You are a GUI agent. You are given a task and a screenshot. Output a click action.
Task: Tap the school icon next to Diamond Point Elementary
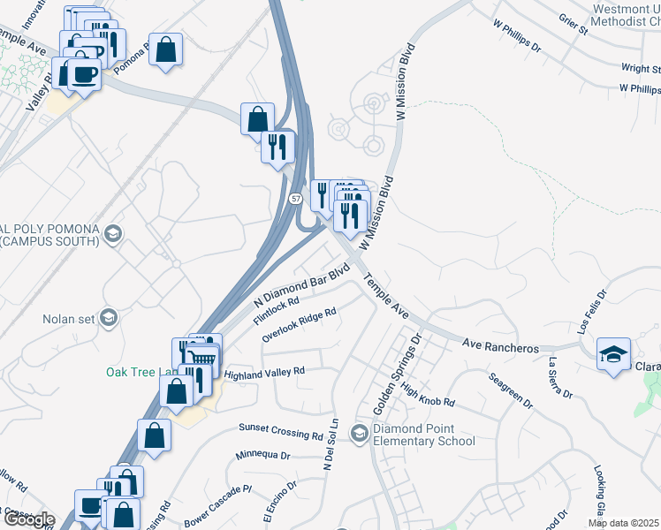point(360,433)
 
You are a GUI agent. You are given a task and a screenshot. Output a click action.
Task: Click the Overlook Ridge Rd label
point(300,325)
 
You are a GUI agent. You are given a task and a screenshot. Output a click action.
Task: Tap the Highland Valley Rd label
point(264,375)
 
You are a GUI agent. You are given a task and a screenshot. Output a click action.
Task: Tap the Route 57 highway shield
point(293,200)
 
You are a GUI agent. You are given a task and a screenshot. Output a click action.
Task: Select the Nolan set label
point(68,319)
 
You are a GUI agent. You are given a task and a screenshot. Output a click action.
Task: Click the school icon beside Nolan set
point(109,319)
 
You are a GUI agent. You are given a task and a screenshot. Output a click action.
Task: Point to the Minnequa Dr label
point(263,456)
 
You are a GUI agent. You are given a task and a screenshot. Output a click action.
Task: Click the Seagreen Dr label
point(511,390)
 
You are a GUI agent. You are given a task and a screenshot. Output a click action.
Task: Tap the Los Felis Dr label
point(591,314)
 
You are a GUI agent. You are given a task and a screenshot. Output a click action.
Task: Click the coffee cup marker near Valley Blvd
point(83,74)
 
